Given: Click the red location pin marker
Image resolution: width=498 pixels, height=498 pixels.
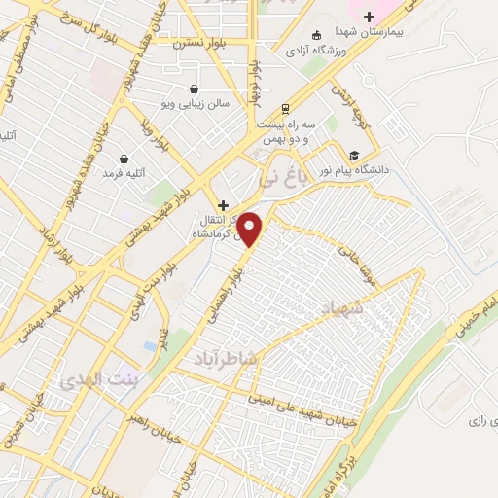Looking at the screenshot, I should point(251,229).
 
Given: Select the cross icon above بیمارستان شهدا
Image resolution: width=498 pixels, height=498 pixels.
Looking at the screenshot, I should point(369,15).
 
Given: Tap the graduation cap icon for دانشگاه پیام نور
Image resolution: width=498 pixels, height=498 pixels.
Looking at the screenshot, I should point(354,155).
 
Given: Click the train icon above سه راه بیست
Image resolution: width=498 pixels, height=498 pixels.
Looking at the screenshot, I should point(285,108).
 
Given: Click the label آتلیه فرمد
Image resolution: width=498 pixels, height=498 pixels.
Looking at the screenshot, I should point(124,174).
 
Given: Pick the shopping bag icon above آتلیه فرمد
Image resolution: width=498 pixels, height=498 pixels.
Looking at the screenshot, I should point(124,159).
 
